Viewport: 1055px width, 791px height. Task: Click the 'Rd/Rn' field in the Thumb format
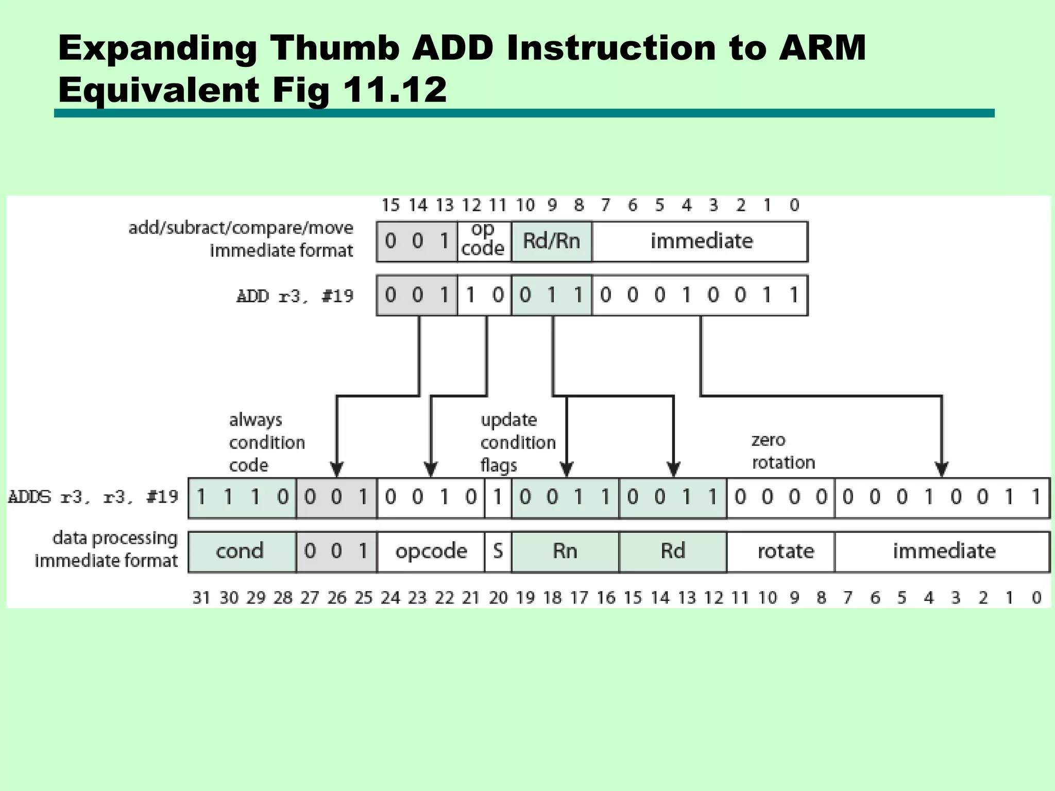(x=551, y=241)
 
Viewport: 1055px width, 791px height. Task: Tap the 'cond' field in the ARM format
(x=240, y=551)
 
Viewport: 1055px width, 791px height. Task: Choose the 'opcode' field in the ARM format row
(x=431, y=551)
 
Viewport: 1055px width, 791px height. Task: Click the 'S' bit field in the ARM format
(x=498, y=551)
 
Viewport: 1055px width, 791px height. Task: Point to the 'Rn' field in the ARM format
(x=565, y=551)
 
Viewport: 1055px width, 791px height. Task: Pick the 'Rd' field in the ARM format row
(x=673, y=551)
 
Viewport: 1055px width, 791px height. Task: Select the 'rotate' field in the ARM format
(x=786, y=551)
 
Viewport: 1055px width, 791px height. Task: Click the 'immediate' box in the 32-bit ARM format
(x=944, y=551)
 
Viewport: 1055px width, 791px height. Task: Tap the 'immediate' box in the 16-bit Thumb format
(x=701, y=241)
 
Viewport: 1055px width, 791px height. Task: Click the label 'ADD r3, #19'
(x=295, y=296)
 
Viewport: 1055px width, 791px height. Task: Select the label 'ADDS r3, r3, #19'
(x=93, y=497)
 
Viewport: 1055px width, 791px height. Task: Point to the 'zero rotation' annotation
(x=783, y=451)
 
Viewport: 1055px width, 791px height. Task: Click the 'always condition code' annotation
(x=266, y=442)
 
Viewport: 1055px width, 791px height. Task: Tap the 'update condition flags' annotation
(x=518, y=442)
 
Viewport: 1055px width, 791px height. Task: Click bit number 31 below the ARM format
(x=201, y=597)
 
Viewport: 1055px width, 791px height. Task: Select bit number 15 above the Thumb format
(x=390, y=205)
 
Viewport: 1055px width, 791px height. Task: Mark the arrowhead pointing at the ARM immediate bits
(x=942, y=470)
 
